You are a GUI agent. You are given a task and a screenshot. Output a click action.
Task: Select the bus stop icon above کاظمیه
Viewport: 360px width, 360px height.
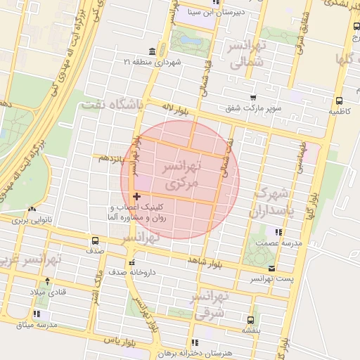(339, 101)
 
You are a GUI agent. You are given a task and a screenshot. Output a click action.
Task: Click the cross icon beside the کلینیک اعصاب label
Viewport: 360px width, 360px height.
(136, 206)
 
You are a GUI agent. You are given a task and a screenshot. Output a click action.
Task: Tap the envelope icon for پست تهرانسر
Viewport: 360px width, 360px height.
(272, 269)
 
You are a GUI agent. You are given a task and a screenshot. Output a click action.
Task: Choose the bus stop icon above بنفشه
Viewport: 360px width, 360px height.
(252, 319)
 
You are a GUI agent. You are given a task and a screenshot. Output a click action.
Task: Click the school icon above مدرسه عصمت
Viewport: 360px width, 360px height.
(279, 231)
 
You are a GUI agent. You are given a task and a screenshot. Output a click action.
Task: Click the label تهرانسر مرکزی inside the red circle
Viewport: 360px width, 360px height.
(181, 174)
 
